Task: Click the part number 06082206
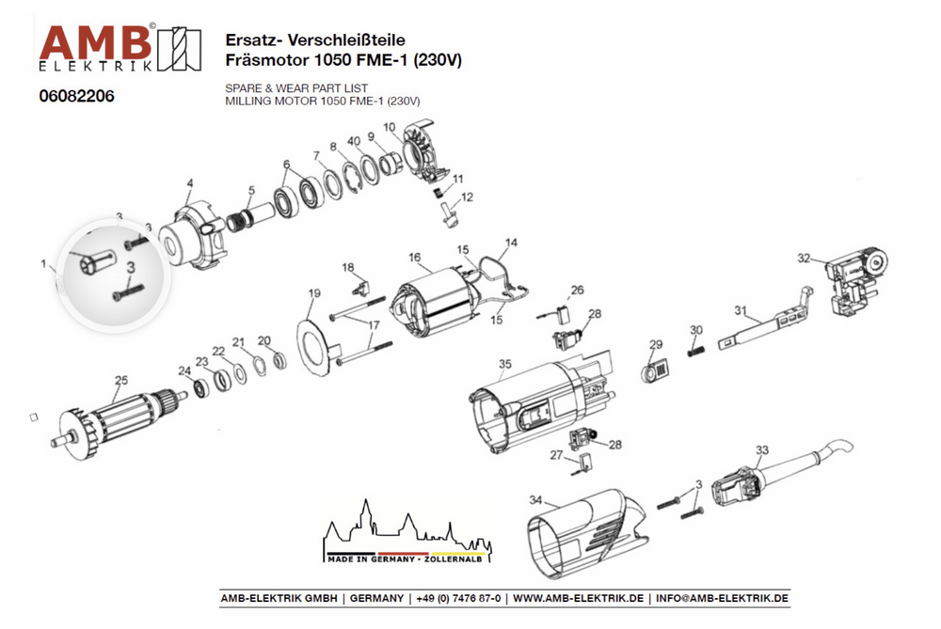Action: (76, 96)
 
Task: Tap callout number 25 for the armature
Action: (120, 381)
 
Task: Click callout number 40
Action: (354, 140)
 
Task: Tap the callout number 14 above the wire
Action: (511, 243)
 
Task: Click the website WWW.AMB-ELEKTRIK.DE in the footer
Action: (579, 599)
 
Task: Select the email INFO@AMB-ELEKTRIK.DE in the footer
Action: (722, 599)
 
